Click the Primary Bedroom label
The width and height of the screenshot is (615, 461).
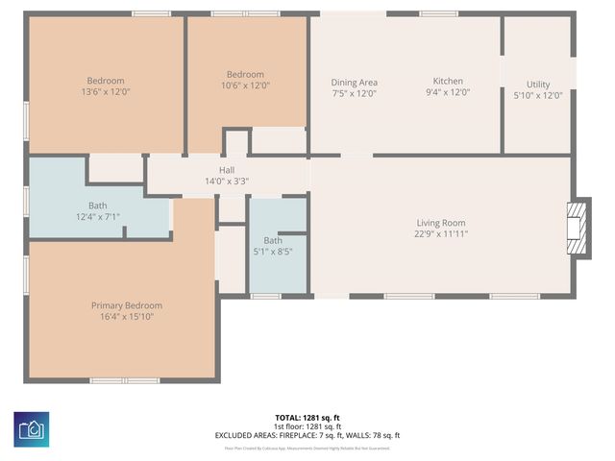pos(127,305)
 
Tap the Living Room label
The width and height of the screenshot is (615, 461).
pos(441,223)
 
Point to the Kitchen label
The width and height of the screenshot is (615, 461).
pos(448,82)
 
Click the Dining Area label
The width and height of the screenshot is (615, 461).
pos(354,83)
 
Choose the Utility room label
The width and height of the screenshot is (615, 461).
pos(538,85)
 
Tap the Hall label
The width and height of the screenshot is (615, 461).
pos(227,170)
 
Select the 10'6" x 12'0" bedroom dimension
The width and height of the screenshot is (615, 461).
pos(247,85)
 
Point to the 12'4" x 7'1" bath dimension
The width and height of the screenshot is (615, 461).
pos(98,217)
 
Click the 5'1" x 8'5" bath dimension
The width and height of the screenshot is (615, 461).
pos(273,252)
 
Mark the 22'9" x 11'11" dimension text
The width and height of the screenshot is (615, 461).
pos(441,233)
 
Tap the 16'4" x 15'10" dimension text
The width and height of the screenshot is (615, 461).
pos(127,316)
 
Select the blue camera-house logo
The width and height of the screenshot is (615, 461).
pos(32,428)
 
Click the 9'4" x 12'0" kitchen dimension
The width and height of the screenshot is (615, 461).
pos(448,93)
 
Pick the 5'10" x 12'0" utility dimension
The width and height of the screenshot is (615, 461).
pos(538,95)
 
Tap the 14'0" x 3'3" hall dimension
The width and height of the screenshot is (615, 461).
pos(227,181)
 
